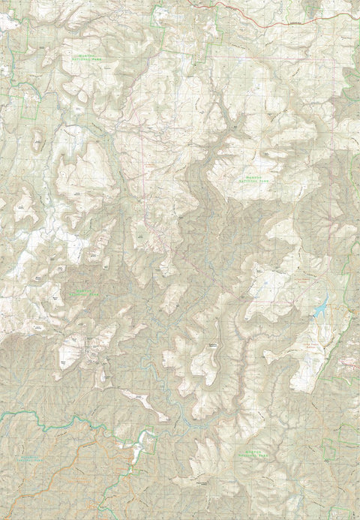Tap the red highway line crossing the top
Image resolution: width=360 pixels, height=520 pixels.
point(247,22)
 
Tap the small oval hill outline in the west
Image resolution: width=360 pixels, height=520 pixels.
point(37,138)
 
